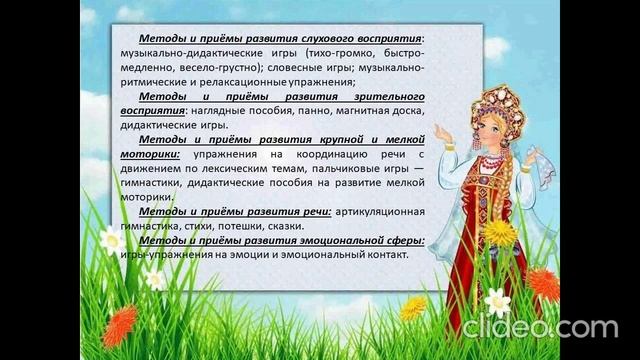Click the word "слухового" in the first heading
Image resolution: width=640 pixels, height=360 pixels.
pyautogui.click(x=323, y=36)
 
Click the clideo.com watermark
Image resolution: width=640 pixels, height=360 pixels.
pyautogui.click(x=540, y=327)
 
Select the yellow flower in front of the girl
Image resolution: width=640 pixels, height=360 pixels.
pyautogui.click(x=500, y=234)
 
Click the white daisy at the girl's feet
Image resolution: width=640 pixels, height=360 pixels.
pyautogui.click(x=497, y=299)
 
